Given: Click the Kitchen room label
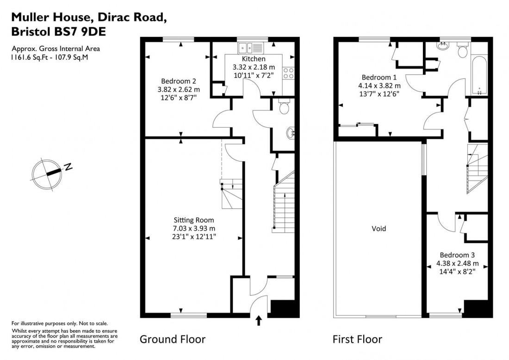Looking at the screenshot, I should tap(254, 59).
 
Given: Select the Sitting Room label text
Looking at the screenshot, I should tap(194, 220).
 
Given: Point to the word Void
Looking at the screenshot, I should tap(379, 229).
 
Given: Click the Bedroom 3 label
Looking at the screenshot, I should tap(457, 255).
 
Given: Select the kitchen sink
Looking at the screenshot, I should tap(250, 47).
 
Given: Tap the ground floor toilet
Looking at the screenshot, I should tap(285, 107).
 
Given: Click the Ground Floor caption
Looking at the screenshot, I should tap(172, 340).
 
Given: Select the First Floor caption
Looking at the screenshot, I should tap(357, 340).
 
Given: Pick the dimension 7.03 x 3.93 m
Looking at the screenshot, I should tap(194, 229).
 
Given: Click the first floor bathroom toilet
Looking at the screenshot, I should tap(462, 50).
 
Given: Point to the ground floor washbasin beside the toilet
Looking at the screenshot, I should tap(292, 133).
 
